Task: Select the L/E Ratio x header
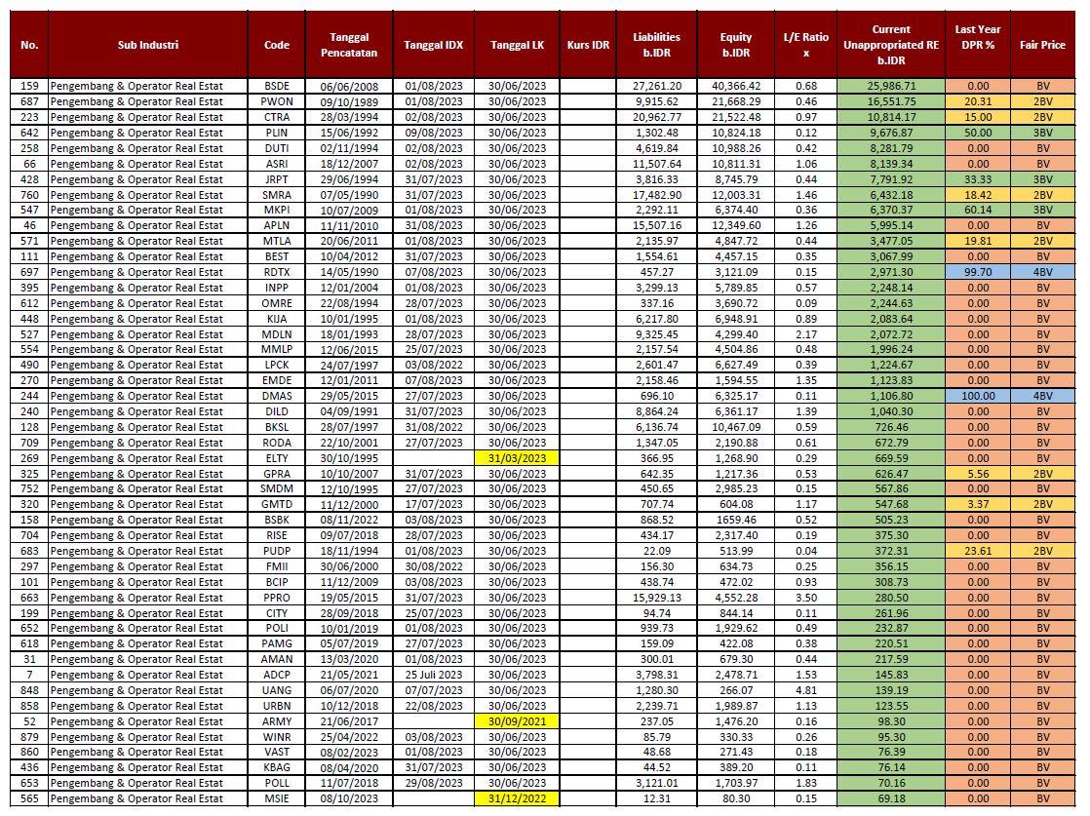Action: pos(806,45)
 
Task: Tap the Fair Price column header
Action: pos(1042,45)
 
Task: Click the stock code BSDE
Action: pos(276,86)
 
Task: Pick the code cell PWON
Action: pos(276,101)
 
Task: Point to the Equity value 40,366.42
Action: pos(736,86)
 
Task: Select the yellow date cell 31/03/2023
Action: pos(518,458)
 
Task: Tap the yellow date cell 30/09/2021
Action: pos(518,720)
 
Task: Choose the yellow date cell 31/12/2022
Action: pos(518,798)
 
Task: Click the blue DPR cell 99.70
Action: pos(977,272)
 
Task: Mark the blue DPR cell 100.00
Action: pos(977,396)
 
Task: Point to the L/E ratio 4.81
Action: pos(806,690)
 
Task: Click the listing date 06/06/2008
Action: pos(348,86)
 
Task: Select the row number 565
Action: pos(29,798)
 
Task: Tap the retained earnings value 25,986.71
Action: pos(889,86)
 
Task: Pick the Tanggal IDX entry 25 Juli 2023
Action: pos(433,675)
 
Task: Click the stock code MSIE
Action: pos(276,798)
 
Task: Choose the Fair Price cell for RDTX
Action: pos(1042,272)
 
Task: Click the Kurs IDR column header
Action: pos(588,45)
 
